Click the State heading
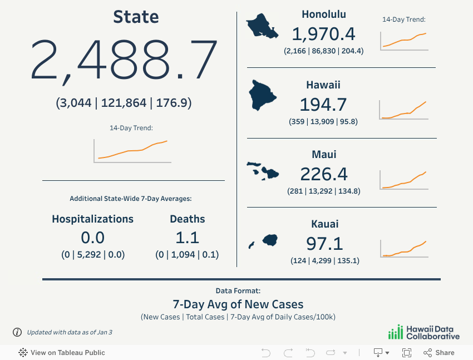click(x=136, y=17)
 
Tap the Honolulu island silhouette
click(x=262, y=26)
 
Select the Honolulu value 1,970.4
click(x=323, y=34)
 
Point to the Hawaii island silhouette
click(x=263, y=94)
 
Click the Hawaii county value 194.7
click(x=323, y=105)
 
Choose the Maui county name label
click(x=324, y=154)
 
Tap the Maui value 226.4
click(x=324, y=174)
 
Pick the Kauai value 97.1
click(x=324, y=243)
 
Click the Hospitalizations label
click(x=92, y=219)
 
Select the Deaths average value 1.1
click(x=187, y=238)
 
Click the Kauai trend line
click(x=405, y=249)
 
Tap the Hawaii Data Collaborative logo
click(x=424, y=332)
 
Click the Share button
click(x=439, y=352)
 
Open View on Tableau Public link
click(x=62, y=352)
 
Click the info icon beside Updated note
click(x=17, y=332)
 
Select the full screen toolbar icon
click(x=407, y=352)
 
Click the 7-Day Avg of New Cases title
click(x=238, y=304)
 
